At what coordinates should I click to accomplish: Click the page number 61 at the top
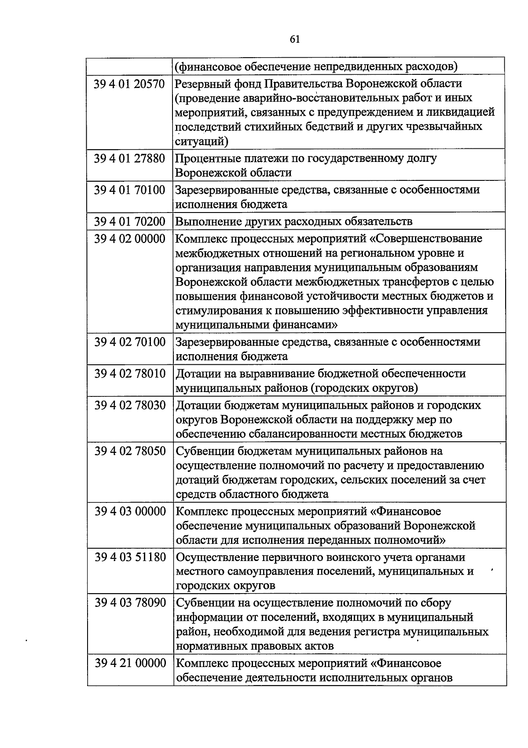pyautogui.click(x=295, y=40)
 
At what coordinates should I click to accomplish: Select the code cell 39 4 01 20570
pyautogui.click(x=129, y=84)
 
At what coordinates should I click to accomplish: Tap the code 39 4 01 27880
pyautogui.click(x=129, y=158)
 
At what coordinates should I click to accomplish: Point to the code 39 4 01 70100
pyautogui.click(x=129, y=190)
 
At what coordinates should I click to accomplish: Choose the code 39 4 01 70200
pyautogui.click(x=129, y=221)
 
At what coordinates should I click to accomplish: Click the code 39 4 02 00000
pyautogui.click(x=129, y=239)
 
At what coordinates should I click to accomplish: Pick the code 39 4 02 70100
pyautogui.click(x=129, y=342)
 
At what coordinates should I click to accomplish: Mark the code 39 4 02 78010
pyautogui.click(x=129, y=374)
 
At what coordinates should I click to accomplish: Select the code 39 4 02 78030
pyautogui.click(x=129, y=406)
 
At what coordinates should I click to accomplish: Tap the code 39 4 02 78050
pyautogui.click(x=129, y=451)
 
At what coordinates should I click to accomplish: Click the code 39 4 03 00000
pyautogui.click(x=129, y=512)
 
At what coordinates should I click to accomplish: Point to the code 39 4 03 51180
pyautogui.click(x=129, y=557)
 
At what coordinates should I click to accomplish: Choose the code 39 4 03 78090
pyautogui.click(x=129, y=603)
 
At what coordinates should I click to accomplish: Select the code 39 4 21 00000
pyautogui.click(x=129, y=663)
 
